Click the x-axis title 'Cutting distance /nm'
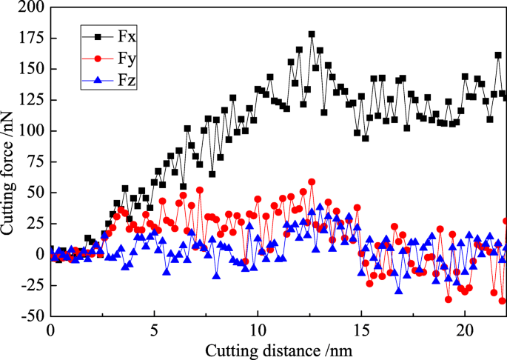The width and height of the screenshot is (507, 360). coord(277,349)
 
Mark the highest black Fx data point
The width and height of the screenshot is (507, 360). coord(312,34)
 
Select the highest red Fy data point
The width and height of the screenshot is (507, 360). coord(312,181)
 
